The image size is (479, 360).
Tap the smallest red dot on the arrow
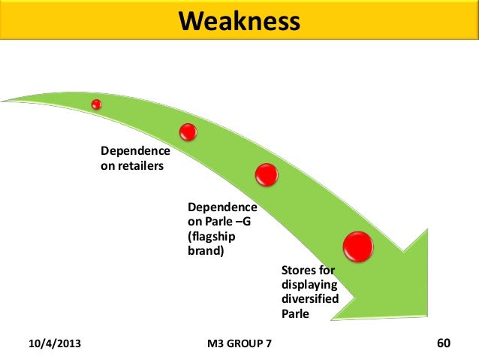click(96, 104)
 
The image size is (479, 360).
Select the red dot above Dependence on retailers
click(188, 132)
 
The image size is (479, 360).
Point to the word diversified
click(309, 299)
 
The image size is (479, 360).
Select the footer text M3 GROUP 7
click(240, 344)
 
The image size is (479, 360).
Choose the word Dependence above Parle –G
click(221, 207)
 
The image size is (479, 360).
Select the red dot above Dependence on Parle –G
click(267, 175)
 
